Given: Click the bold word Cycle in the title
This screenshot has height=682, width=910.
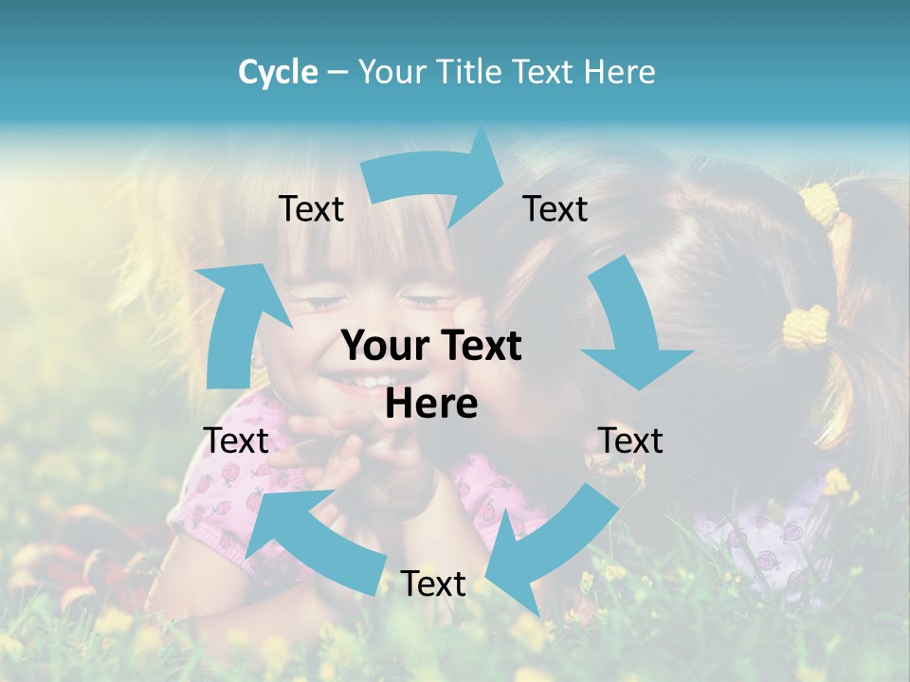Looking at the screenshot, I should pyautogui.click(x=278, y=72).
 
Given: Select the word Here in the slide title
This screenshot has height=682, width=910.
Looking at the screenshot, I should pyautogui.click(x=619, y=72).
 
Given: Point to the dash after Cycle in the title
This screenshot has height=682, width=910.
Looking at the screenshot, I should pyautogui.click(x=337, y=73).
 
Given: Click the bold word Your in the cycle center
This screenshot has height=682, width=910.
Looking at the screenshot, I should pyautogui.click(x=380, y=347).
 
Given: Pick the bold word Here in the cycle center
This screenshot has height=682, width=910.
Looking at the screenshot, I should pyautogui.click(x=431, y=404).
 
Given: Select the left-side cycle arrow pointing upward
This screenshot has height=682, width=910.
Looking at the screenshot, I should pyautogui.click(x=232, y=322).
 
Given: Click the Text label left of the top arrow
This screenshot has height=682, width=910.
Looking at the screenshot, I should pyautogui.click(x=311, y=209).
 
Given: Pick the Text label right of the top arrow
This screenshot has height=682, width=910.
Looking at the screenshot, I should pyautogui.click(x=555, y=209).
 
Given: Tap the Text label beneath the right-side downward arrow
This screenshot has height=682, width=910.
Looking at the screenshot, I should pyautogui.click(x=630, y=441).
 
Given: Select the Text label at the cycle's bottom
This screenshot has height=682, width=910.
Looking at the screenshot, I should pyautogui.click(x=433, y=584).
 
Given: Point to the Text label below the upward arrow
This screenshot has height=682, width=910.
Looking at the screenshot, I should pyautogui.click(x=236, y=441).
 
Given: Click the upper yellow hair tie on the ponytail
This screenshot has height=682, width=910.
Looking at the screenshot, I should pyautogui.click(x=821, y=203).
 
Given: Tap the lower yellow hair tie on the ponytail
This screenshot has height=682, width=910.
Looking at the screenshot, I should pyautogui.click(x=806, y=328).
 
